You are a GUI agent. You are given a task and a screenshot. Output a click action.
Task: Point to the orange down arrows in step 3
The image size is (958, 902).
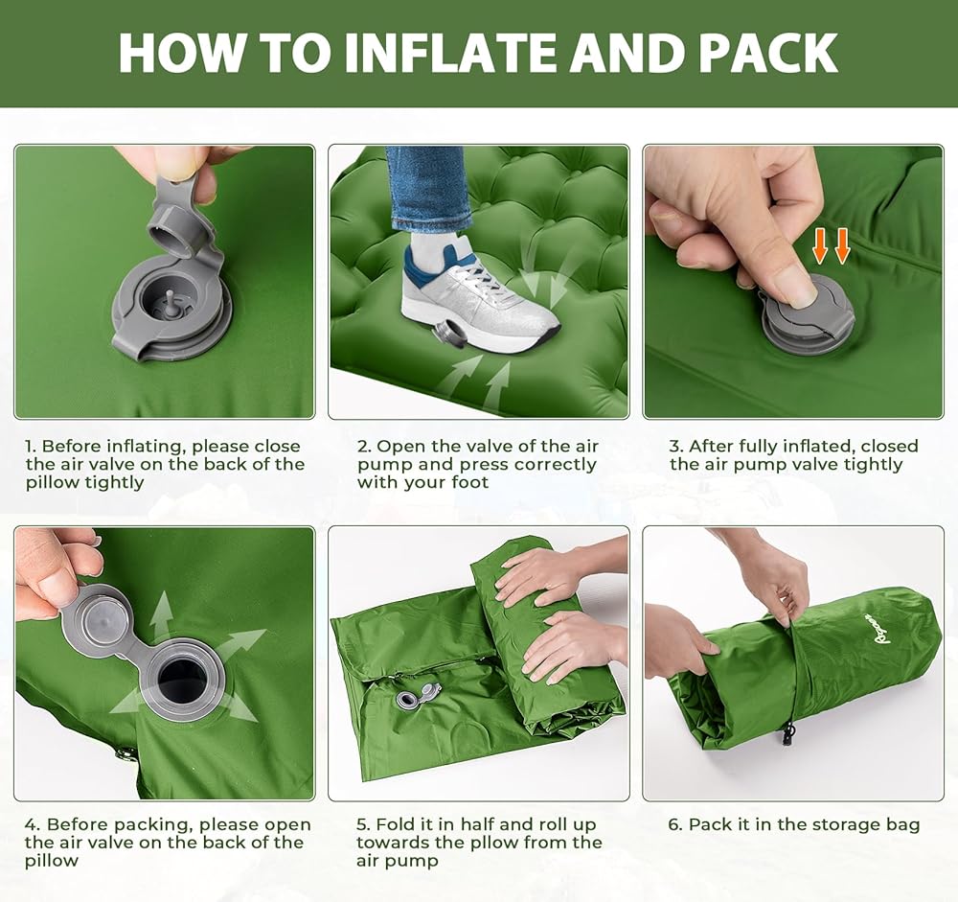(831, 245)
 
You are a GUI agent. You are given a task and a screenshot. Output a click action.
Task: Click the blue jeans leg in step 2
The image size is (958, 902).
(426, 190)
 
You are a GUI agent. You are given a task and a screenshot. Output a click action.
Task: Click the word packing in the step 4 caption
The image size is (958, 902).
(152, 825)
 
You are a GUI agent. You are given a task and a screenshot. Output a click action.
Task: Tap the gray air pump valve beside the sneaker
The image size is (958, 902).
(447, 335)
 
